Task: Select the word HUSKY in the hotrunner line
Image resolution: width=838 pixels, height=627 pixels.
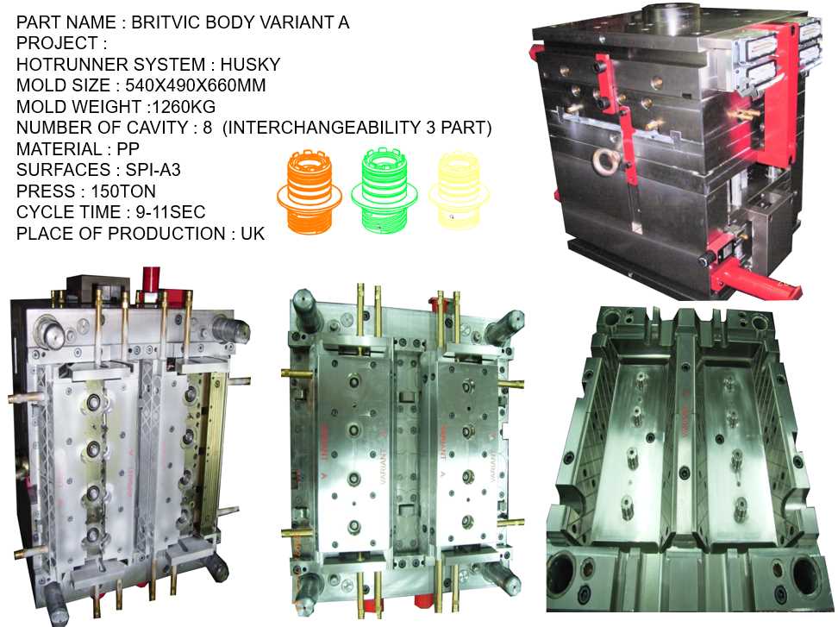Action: coord(250,64)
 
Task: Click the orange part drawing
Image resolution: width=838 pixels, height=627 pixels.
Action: coord(309,191)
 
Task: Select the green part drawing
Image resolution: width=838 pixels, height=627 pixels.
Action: coord(384,190)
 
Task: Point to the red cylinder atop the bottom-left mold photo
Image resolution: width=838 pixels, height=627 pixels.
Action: coord(152,279)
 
